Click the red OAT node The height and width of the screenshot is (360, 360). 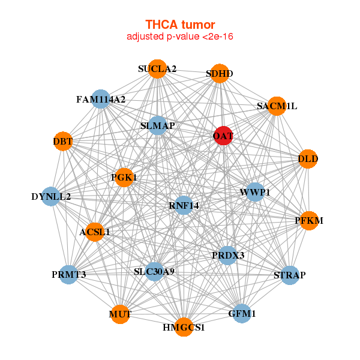223,136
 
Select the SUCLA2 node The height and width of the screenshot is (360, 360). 157,69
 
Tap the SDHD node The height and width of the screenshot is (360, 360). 220,73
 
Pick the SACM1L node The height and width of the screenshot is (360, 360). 277,106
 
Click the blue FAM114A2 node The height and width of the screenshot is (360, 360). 101,99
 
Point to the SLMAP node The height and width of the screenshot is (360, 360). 157,125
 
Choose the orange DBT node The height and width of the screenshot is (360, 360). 63,141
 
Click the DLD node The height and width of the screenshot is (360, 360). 308,159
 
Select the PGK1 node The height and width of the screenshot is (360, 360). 124,178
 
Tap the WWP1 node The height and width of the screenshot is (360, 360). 255,192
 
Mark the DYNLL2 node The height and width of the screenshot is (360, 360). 51,197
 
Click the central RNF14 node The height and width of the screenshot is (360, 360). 184,205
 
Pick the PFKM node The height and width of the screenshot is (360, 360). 309,221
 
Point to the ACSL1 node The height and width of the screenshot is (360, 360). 95,232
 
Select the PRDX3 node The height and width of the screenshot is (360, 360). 228,256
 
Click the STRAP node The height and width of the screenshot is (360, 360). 290,275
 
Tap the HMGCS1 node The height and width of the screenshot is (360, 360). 184,327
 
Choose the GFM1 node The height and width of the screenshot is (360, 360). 242,313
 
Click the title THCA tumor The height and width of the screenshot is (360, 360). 180,25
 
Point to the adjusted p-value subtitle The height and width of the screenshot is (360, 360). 180,37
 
